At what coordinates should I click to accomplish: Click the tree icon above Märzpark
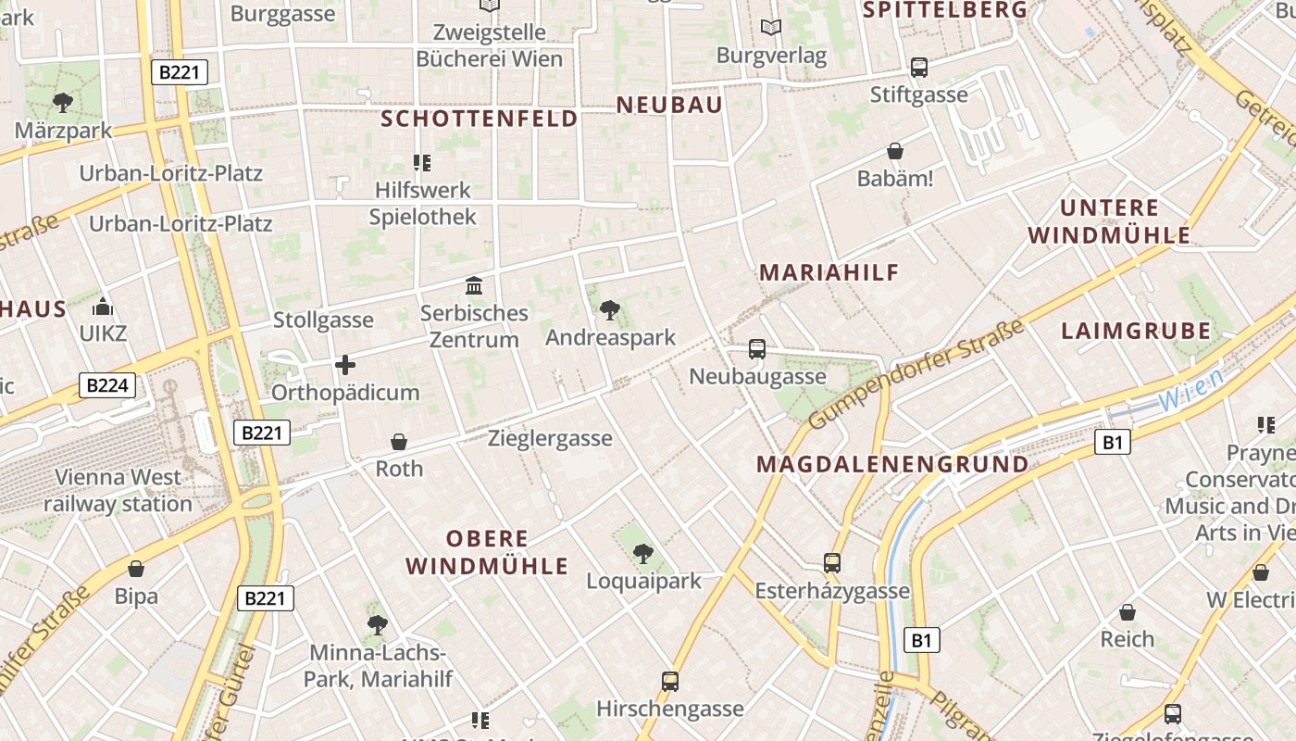pos(63,102)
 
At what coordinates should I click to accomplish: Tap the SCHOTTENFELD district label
pos(480,119)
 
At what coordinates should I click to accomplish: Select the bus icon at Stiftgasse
pos(918,67)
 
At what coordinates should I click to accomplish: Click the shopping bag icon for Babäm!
pos(895,150)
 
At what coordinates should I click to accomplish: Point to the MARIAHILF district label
pos(829,272)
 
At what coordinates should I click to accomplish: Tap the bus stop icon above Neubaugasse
pos(757,349)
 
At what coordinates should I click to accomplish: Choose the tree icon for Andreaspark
pos(610,309)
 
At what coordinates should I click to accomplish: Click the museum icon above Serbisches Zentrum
pos(474,285)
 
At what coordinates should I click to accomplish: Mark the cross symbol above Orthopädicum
pos(345,365)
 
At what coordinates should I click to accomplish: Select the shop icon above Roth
pos(399,441)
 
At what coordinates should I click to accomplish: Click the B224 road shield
pos(107,385)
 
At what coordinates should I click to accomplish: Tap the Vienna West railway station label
pos(118,491)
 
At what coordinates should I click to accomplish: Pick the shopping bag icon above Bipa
pos(136,569)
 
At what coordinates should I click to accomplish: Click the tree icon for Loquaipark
pos(642,554)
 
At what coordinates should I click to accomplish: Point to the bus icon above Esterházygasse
pos(832,563)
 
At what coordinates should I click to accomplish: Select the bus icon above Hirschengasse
pos(670,682)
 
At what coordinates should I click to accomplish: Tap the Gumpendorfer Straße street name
pos(916,374)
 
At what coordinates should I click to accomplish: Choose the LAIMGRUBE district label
pos(1136,331)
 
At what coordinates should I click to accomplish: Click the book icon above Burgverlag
pos(771,28)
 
